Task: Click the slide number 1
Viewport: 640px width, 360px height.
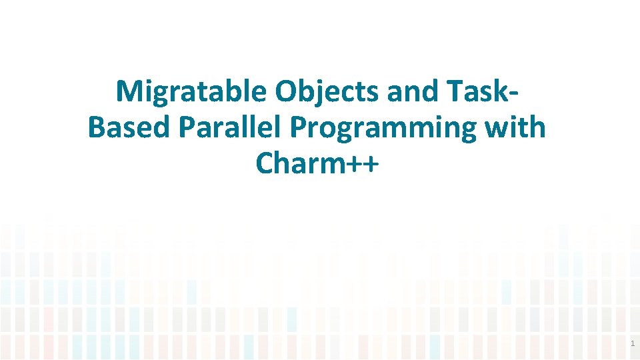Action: (x=633, y=344)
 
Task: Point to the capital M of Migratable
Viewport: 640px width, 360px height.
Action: (x=129, y=92)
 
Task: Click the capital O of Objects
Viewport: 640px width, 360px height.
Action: (x=287, y=92)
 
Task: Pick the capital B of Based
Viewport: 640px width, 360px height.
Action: (x=97, y=127)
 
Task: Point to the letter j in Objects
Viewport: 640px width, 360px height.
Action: (x=324, y=93)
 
